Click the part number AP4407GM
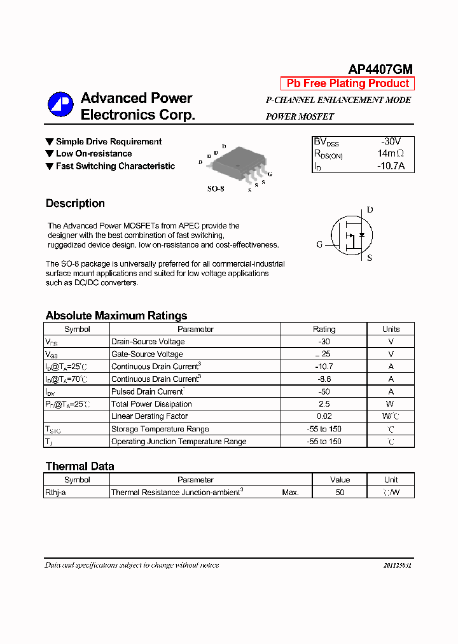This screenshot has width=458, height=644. click(380, 69)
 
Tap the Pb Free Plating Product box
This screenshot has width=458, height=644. click(347, 83)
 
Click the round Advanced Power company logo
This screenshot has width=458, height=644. click(61, 105)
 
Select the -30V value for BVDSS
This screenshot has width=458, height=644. click(391, 141)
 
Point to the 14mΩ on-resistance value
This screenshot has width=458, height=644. click(390, 154)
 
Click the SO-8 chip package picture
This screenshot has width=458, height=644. click(237, 163)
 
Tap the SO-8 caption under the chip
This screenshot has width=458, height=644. click(216, 189)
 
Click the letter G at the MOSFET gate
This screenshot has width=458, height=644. click(319, 244)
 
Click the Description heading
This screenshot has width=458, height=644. click(75, 204)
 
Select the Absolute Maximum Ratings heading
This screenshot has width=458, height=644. click(116, 316)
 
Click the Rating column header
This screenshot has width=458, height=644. click(324, 329)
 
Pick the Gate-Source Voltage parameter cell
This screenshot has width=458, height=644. click(147, 354)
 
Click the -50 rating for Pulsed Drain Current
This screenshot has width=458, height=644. click(324, 391)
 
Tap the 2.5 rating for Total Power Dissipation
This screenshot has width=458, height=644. click(324, 404)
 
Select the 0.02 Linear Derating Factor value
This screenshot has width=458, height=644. click(324, 416)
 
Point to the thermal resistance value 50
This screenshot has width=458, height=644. click(340, 492)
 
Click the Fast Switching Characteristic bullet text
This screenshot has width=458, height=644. click(115, 166)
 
